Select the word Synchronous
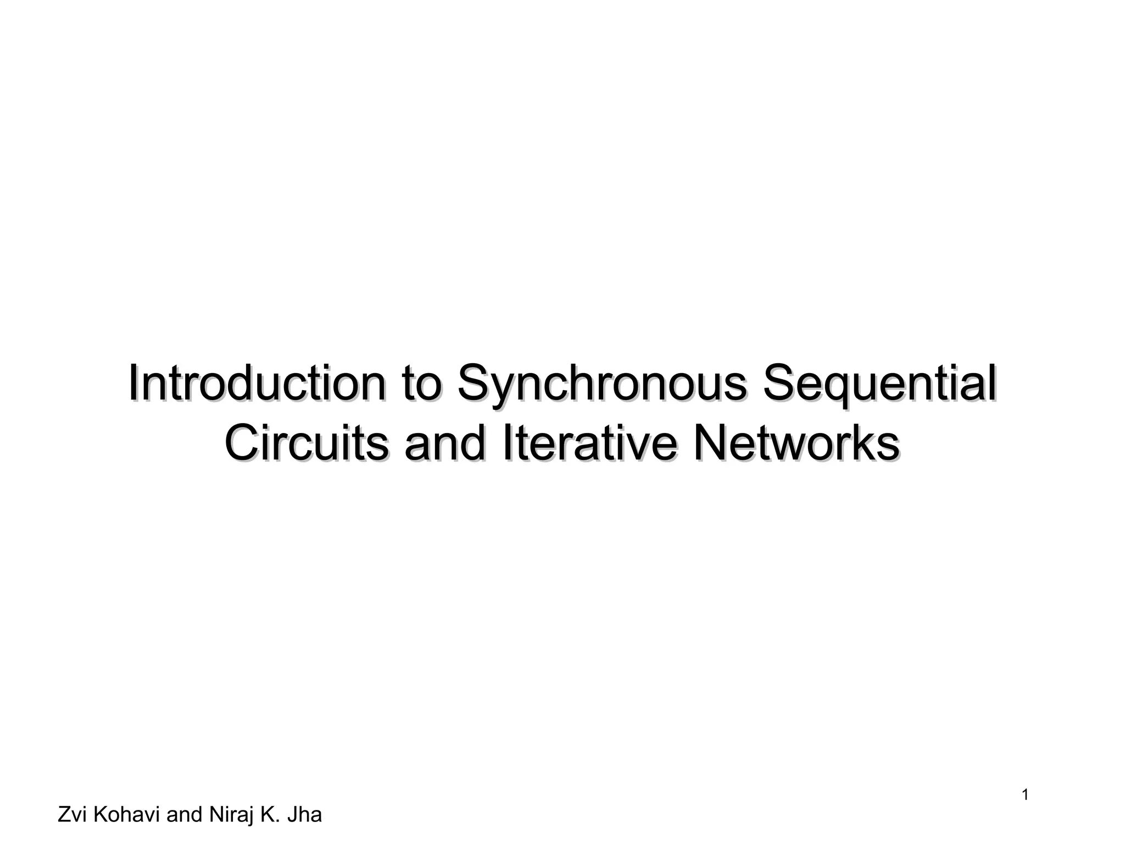point(602,385)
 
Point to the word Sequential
point(879,385)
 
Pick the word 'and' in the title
point(445,443)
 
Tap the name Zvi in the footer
point(73,814)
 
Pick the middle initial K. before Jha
point(269,814)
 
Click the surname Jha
point(305,814)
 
